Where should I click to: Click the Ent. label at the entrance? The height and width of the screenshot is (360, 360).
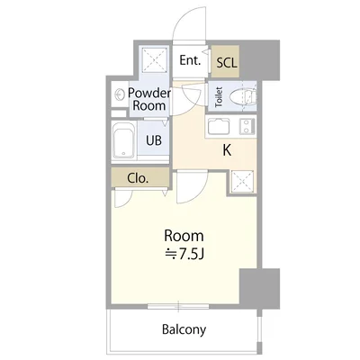pyautogui.click(x=190, y=60)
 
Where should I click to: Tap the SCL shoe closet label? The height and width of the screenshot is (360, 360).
pyautogui.click(x=227, y=63)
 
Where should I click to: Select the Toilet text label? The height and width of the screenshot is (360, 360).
pyautogui.click(x=219, y=97)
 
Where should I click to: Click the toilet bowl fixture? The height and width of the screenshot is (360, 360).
pyautogui.click(x=243, y=97)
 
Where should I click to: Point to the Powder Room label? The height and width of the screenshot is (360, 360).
pyautogui.click(x=149, y=99)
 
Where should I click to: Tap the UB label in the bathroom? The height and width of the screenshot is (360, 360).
pyautogui.click(x=154, y=140)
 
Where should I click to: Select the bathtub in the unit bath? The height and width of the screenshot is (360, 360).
pyautogui.click(x=124, y=142)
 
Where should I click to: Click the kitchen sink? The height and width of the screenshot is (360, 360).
pyautogui.click(x=219, y=127)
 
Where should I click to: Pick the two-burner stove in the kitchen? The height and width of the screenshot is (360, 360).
pyautogui.click(x=247, y=127)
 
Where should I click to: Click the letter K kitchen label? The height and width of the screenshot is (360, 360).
pyautogui.click(x=227, y=150)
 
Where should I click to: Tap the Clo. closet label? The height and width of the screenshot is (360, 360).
pyautogui.click(x=138, y=178)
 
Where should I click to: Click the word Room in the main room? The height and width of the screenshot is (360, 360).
pyautogui.click(x=184, y=236)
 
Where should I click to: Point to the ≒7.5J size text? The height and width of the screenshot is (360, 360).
pyautogui.click(x=185, y=255)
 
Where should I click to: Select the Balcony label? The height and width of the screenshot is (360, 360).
pyautogui.click(x=184, y=329)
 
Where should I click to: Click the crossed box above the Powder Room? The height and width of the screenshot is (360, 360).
pyautogui.click(x=154, y=59)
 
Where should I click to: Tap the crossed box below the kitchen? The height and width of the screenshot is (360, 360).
pyautogui.click(x=242, y=182)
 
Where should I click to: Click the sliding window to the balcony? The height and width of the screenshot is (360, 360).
pyautogui.click(x=178, y=306)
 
